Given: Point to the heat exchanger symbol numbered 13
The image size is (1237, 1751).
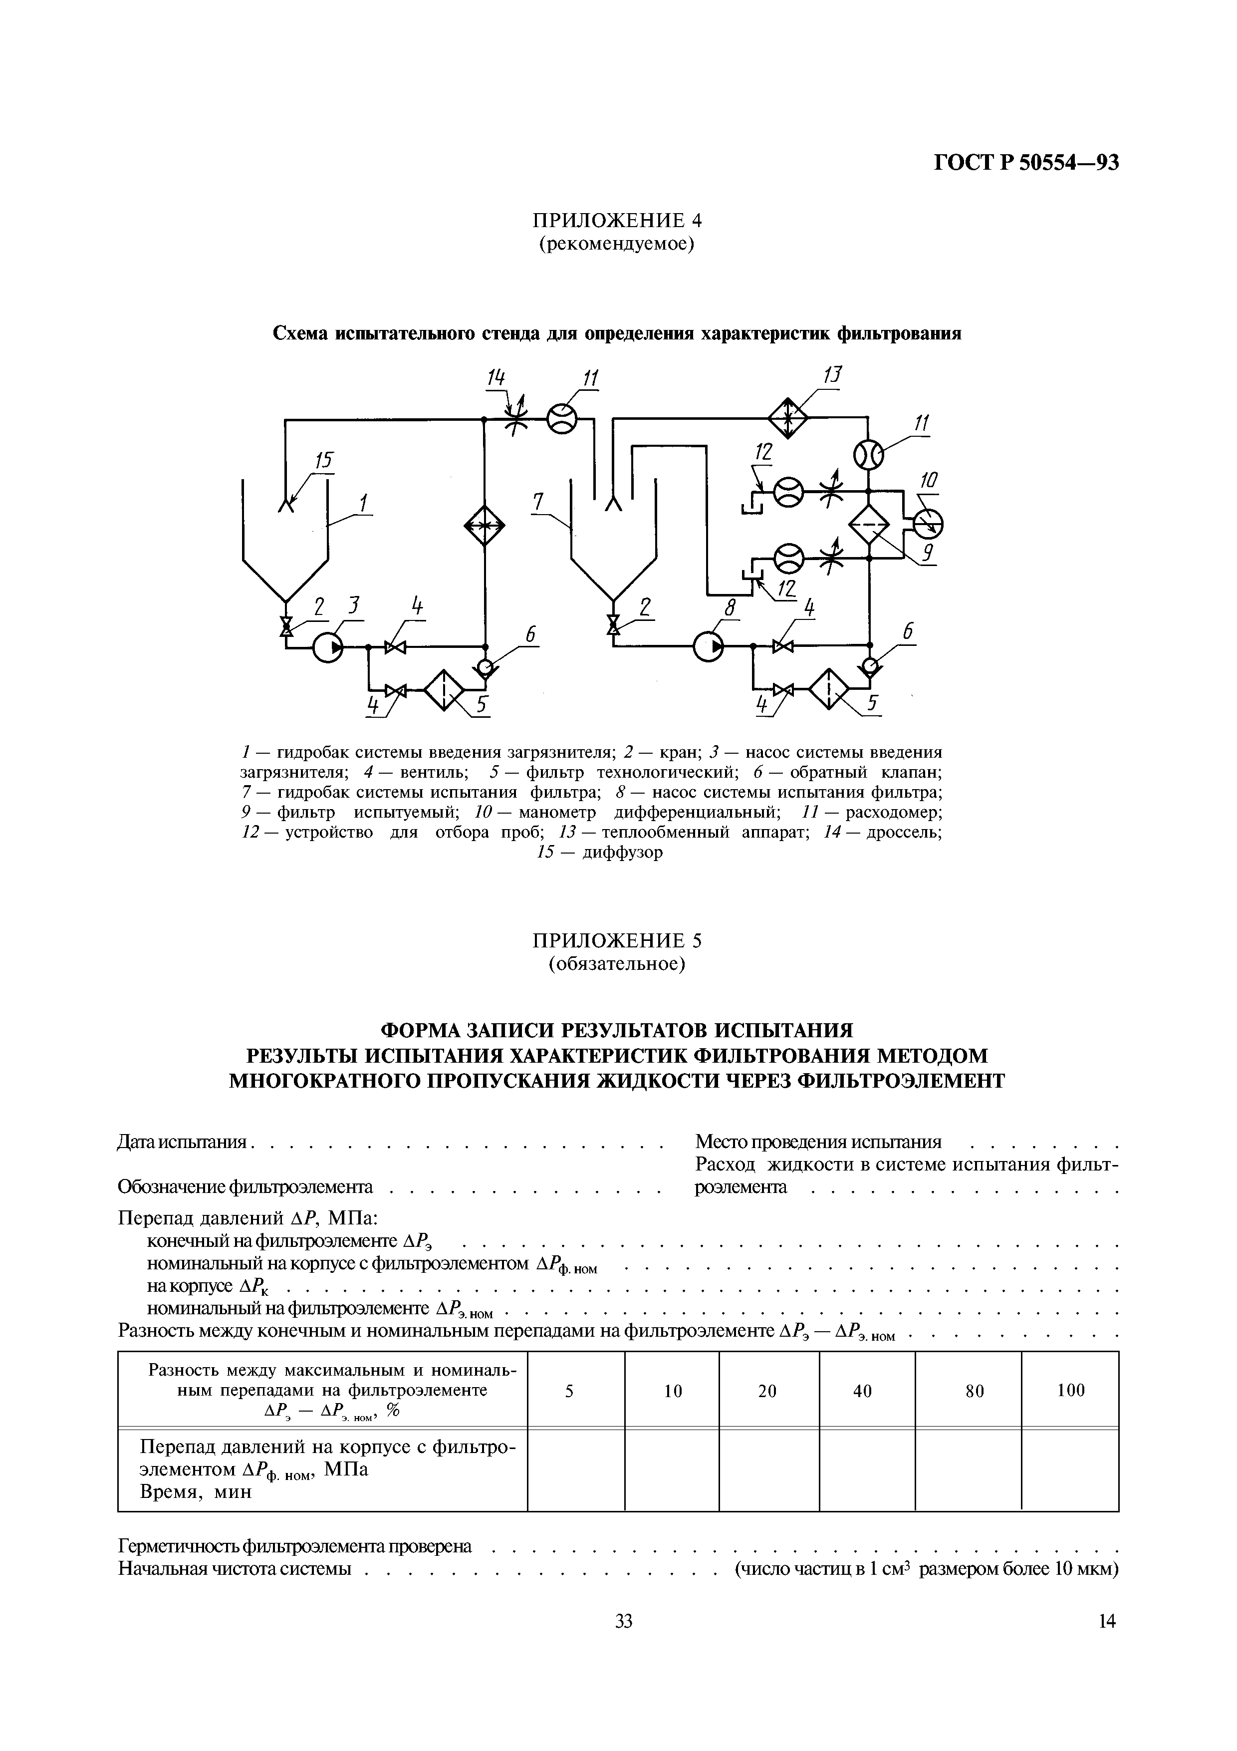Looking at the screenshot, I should pos(787,417).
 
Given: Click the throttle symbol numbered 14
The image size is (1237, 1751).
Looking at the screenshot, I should pos(517,417).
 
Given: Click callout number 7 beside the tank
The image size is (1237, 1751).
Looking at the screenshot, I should pos(539,502).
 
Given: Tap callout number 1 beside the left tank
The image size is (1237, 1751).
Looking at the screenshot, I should pos(364,504).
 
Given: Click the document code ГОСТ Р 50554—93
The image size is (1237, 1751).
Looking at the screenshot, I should pos(1026,162).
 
